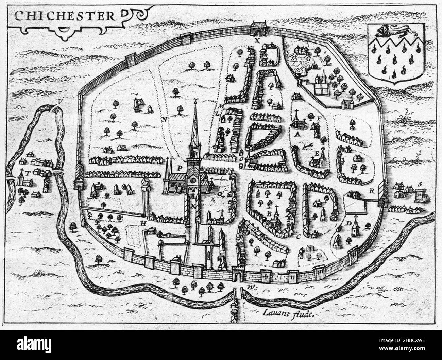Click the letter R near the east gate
372,191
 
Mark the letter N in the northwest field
165,120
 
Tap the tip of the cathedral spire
195,100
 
